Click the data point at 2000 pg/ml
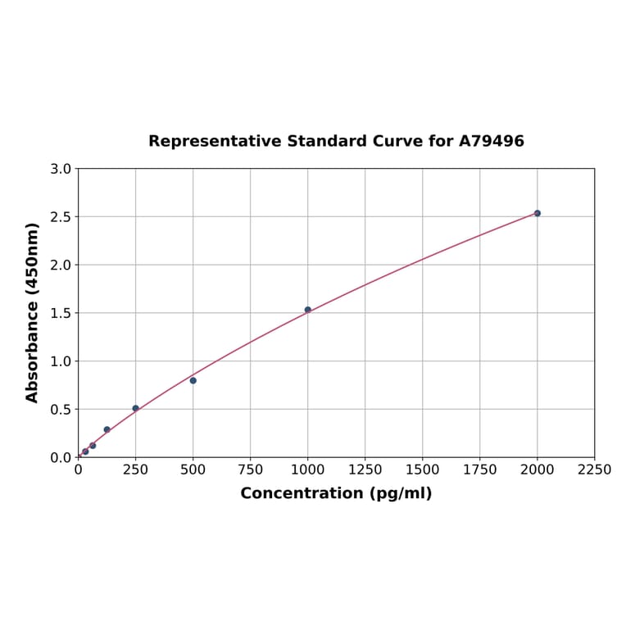point(538,213)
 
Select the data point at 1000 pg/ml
point(308,310)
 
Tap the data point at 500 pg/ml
point(193,380)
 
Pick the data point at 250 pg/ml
point(136,408)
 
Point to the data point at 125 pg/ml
point(107,429)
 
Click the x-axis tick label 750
point(251,469)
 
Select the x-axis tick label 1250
point(365,469)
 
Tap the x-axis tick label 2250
point(595,469)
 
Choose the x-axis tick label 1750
point(480,469)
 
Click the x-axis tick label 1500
point(423,469)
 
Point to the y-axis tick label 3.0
point(61,169)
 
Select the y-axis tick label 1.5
point(61,313)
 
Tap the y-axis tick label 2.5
point(61,217)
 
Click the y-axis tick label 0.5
point(61,409)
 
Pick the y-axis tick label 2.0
point(61,265)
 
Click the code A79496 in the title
point(492,141)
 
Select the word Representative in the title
point(215,141)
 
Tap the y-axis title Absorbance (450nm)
point(33,312)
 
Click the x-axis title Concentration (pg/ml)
point(336,493)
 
